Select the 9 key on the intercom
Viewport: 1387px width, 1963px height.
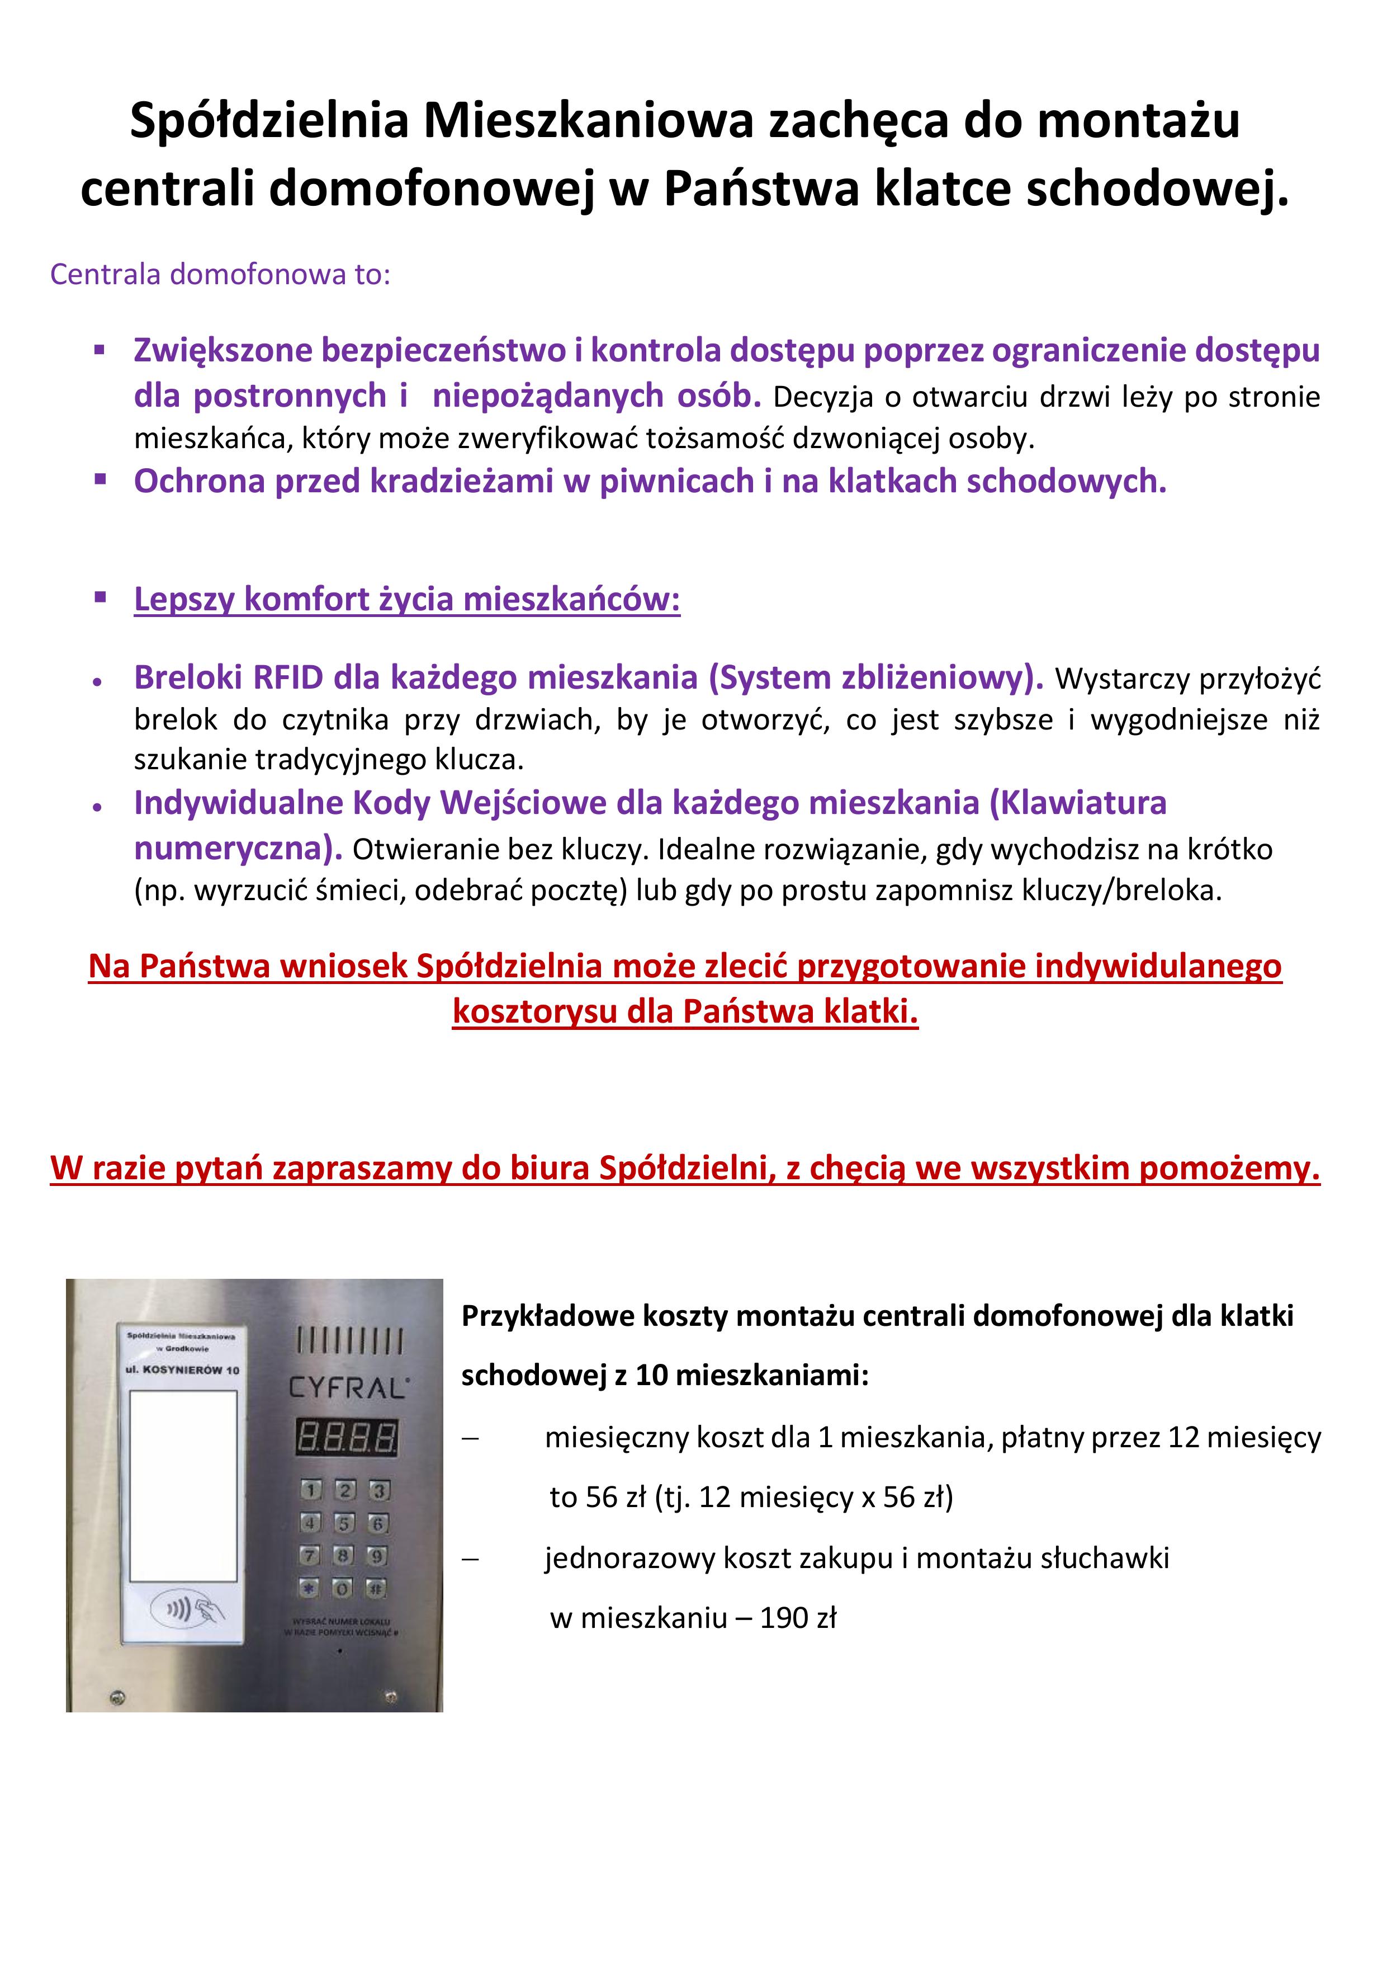pos(377,1555)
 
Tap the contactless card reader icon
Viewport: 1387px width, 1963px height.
pos(188,1611)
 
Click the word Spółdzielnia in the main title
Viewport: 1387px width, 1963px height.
pos(270,120)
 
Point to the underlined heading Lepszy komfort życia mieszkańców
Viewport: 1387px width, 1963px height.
pos(407,599)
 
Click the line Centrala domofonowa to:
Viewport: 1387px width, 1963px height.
pos(220,275)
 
